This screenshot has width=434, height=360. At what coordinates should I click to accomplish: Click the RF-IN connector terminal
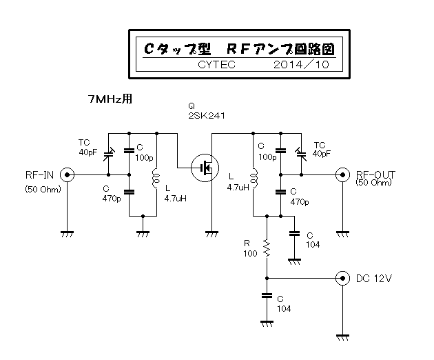(67, 175)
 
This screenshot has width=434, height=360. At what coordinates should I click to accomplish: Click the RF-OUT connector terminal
(342, 175)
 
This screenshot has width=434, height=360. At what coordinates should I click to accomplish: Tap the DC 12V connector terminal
(342, 278)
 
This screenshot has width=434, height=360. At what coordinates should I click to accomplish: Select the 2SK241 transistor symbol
(205, 168)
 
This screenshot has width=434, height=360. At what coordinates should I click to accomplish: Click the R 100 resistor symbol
(267, 248)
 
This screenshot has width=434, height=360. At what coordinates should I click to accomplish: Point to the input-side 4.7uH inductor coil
(156, 178)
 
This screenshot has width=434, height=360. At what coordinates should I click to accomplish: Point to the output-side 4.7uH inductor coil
(254, 178)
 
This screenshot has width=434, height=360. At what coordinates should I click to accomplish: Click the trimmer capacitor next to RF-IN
(109, 154)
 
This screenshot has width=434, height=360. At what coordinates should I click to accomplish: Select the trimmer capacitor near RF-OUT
(301, 154)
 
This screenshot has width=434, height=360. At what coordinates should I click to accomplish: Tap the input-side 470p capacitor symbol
(129, 192)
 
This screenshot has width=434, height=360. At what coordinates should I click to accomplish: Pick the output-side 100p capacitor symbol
(280, 150)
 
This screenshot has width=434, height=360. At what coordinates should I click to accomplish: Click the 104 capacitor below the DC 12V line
(267, 296)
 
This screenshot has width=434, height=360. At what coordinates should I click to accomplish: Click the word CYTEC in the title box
(216, 65)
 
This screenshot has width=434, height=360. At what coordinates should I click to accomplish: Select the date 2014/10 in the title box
(301, 65)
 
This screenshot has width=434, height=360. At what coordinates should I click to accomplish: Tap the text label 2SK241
(207, 116)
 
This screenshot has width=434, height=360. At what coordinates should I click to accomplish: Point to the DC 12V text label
(374, 278)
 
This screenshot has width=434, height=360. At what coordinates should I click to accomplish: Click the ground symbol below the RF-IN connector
(67, 234)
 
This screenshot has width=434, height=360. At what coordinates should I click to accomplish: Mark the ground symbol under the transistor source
(212, 234)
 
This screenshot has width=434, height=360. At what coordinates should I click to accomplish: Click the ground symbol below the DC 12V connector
(342, 337)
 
